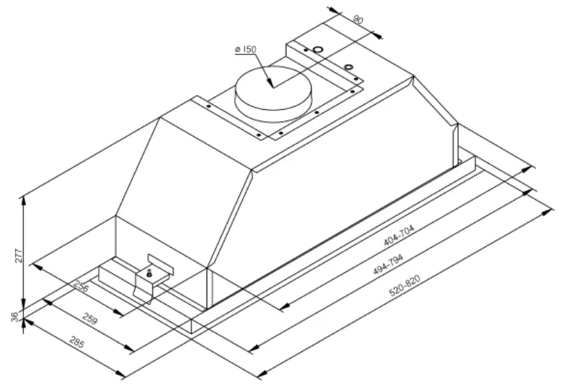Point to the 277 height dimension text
[19, 255]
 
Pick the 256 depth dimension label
[82, 287]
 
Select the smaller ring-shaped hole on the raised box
[348, 66]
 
